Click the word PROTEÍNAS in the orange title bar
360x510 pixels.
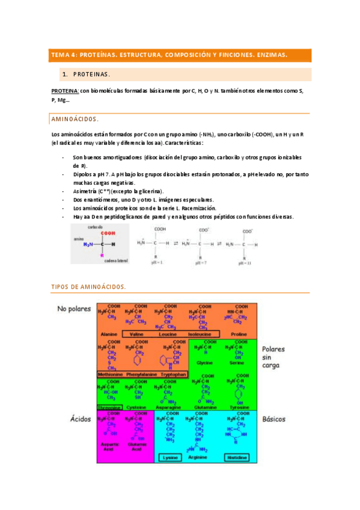pos(97,55)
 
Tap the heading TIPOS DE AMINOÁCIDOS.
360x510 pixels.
pos(88,287)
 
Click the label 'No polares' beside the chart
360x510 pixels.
pos(74,309)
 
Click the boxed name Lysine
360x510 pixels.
pos(170,457)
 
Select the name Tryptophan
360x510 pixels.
pos(172,374)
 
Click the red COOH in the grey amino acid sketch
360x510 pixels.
pos(108,233)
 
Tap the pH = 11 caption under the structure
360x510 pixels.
pos(245,263)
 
